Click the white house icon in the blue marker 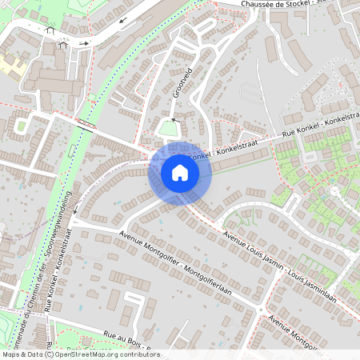click(179, 173)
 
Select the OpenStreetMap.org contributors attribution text click(107, 354)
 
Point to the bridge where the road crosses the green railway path click(85, 124)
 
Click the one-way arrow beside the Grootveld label click(172, 105)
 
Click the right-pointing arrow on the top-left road click(84, 42)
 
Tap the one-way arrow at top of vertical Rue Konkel click(74, 212)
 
